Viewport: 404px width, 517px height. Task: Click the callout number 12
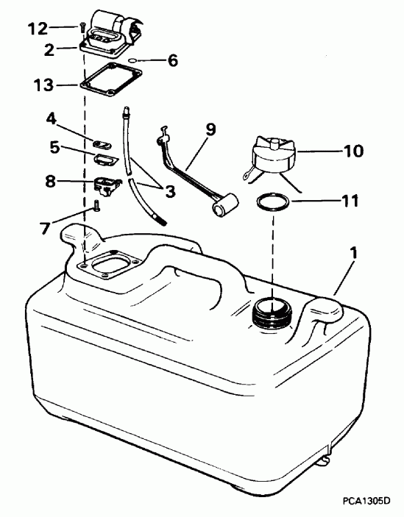36,29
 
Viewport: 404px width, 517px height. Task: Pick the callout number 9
210,129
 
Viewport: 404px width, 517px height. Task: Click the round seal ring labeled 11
273,202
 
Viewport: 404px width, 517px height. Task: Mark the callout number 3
169,193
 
